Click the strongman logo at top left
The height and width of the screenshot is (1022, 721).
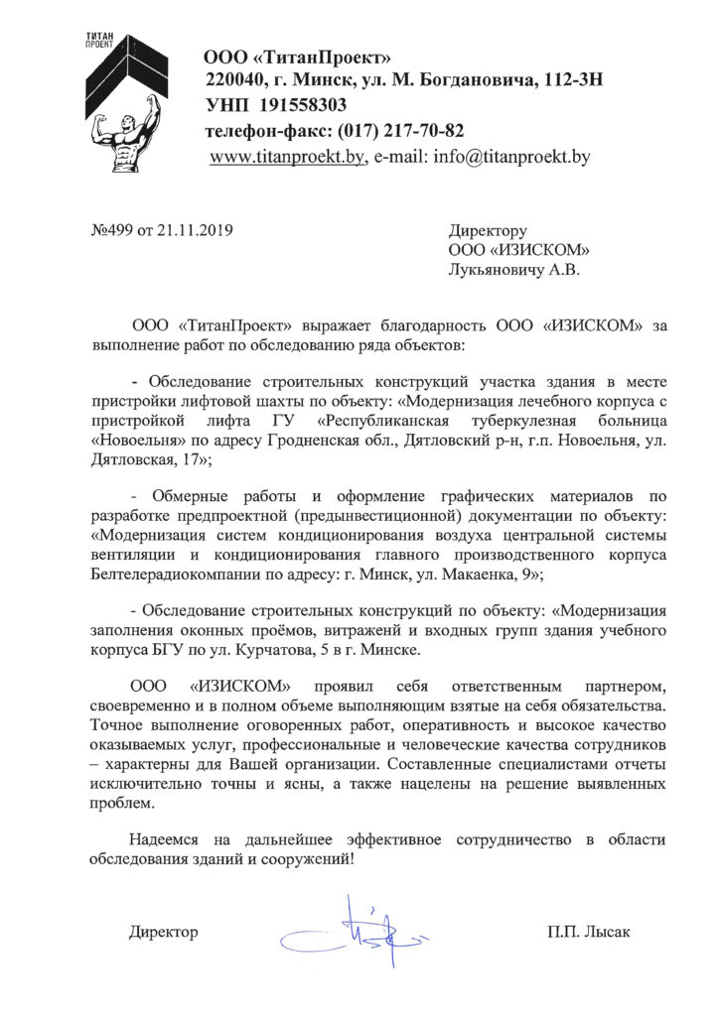(119, 109)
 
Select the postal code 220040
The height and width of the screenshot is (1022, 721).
(234, 79)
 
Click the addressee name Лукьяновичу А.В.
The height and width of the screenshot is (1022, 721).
(514, 268)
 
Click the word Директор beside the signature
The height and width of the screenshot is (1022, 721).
(164, 933)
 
